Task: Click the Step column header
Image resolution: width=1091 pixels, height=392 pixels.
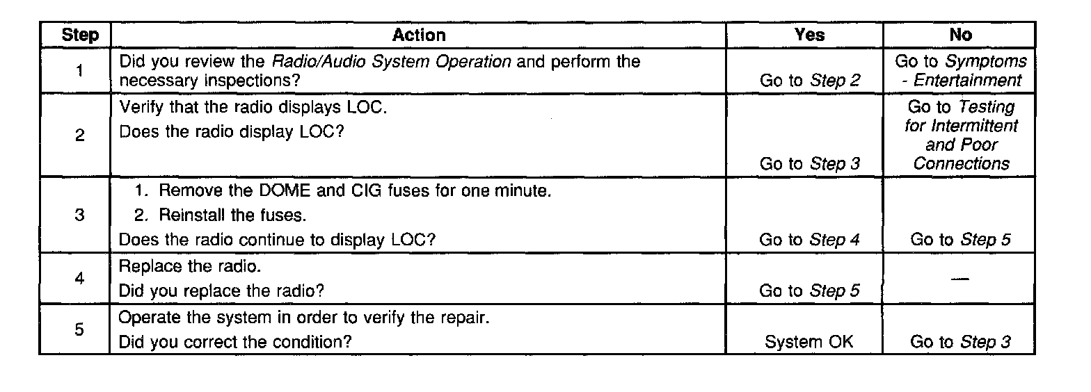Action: coord(80,35)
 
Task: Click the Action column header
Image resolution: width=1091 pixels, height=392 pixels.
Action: coord(418,35)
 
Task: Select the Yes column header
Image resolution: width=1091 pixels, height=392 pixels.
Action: coord(809,35)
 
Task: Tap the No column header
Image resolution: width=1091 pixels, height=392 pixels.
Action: coord(960,35)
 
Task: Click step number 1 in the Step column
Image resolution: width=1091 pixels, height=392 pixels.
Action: coord(80,71)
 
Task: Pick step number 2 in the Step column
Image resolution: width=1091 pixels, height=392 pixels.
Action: coord(80,136)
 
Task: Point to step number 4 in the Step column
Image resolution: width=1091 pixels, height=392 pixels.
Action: coord(80,278)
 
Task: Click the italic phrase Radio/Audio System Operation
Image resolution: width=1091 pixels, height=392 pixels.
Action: coord(392,61)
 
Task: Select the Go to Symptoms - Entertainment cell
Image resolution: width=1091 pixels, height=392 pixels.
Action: coord(960,71)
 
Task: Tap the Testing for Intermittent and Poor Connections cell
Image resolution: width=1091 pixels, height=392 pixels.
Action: coord(960,136)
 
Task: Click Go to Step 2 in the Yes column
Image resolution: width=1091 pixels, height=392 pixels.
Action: coord(809,81)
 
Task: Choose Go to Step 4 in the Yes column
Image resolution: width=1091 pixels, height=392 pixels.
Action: coord(809,240)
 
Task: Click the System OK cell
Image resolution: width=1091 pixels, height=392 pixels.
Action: coord(809,341)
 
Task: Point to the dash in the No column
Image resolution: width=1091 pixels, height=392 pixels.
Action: coord(960,278)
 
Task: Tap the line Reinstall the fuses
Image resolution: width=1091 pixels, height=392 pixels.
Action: coord(221,215)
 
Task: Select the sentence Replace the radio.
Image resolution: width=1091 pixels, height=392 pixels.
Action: coord(184,266)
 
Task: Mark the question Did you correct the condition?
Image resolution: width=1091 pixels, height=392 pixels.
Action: coord(234,342)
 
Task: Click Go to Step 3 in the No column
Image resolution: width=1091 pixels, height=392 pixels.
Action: coord(960,341)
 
